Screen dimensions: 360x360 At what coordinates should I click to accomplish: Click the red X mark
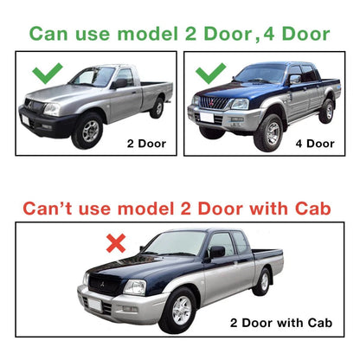click(116, 243)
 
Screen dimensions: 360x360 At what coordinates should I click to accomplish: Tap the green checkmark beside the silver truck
click(47, 74)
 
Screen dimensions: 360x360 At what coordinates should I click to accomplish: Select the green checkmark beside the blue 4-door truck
click(210, 74)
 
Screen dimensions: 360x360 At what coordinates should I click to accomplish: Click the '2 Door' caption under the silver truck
click(146, 144)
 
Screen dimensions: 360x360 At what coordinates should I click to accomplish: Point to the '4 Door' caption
click(315, 144)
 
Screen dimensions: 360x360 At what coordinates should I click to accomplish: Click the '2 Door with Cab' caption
click(281, 323)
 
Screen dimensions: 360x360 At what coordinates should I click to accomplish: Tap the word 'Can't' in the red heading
click(48, 209)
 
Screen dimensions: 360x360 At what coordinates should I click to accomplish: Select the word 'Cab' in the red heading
click(312, 209)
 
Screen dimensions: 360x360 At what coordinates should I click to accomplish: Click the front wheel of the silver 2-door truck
click(88, 131)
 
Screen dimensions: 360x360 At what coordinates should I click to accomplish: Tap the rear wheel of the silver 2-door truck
click(157, 108)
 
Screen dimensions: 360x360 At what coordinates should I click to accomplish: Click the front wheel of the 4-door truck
click(269, 133)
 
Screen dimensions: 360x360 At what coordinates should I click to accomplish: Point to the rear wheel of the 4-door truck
click(327, 112)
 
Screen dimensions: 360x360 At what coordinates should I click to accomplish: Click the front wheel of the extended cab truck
click(178, 311)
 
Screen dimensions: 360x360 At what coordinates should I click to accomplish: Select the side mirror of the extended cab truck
click(216, 252)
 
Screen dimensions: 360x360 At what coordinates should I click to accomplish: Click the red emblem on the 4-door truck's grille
click(214, 101)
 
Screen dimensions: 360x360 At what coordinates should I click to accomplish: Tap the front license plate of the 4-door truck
click(207, 118)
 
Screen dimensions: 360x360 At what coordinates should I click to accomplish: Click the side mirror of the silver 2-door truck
click(120, 83)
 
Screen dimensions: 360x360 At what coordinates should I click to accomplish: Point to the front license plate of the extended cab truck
click(95, 305)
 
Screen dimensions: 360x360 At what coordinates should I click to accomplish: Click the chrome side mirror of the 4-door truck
click(295, 79)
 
